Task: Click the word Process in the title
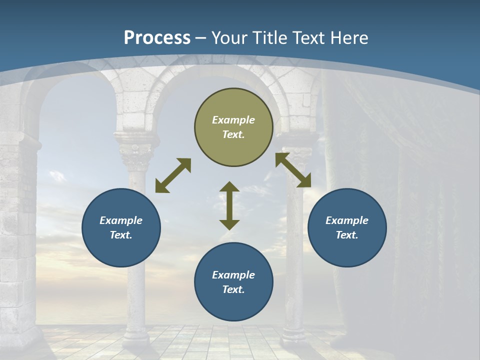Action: [157, 38]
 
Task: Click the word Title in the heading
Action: [270, 38]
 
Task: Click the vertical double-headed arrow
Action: [229, 205]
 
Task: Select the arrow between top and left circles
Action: [173, 175]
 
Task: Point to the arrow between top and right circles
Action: [293, 170]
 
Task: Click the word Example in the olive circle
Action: [233, 120]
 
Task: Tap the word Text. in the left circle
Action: [121, 235]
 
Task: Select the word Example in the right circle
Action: [347, 220]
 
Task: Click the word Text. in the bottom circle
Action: [233, 289]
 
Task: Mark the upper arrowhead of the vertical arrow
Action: [229, 187]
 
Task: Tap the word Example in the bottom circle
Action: [233, 275]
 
